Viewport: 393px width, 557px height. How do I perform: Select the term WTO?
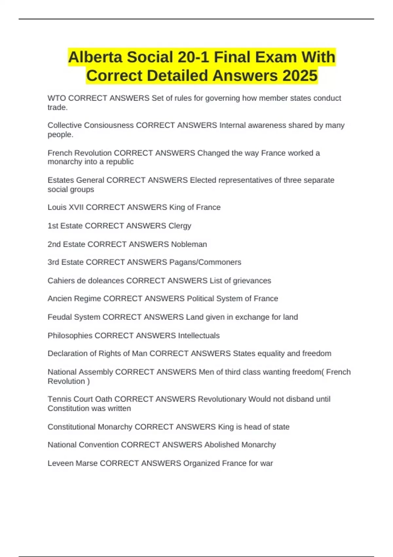click(57, 98)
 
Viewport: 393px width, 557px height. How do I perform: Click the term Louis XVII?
click(65, 207)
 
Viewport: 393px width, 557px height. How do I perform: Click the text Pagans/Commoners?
click(205, 262)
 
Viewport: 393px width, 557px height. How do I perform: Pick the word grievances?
click(252, 281)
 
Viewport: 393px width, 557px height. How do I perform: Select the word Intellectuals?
click(199, 336)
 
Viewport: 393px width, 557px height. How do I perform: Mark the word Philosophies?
click(70, 336)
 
